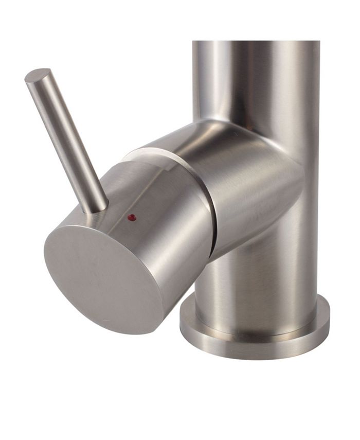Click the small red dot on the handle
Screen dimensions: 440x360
coord(131,217)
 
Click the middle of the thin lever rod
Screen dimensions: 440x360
coord(67,139)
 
